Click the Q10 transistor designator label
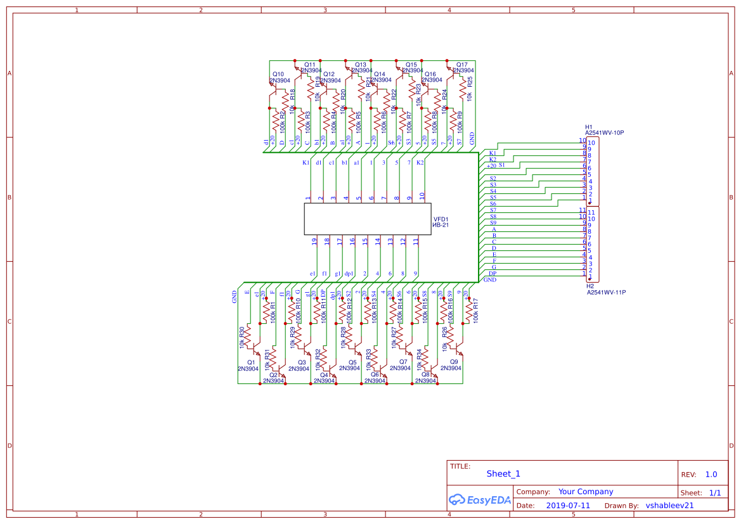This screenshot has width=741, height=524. (278, 74)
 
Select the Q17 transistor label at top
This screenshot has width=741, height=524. (461, 65)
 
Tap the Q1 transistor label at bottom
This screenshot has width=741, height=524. (250, 362)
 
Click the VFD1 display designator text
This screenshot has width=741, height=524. (441, 219)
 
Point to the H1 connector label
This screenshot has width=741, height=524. (588, 127)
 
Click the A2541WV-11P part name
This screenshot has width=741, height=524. (606, 293)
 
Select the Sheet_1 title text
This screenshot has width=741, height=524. (503, 473)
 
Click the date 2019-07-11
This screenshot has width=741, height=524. (567, 506)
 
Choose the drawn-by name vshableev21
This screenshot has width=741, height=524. (669, 506)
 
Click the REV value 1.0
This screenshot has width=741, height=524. (711, 475)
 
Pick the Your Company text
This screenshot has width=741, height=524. (586, 492)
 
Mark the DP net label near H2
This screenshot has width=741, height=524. (493, 273)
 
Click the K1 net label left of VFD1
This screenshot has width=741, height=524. (306, 163)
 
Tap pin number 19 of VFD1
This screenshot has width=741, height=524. (314, 241)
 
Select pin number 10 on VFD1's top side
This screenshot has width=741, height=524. (422, 196)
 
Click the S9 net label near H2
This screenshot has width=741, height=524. (493, 222)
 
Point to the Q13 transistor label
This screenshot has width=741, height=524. (360, 65)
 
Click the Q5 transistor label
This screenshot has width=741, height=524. (352, 362)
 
